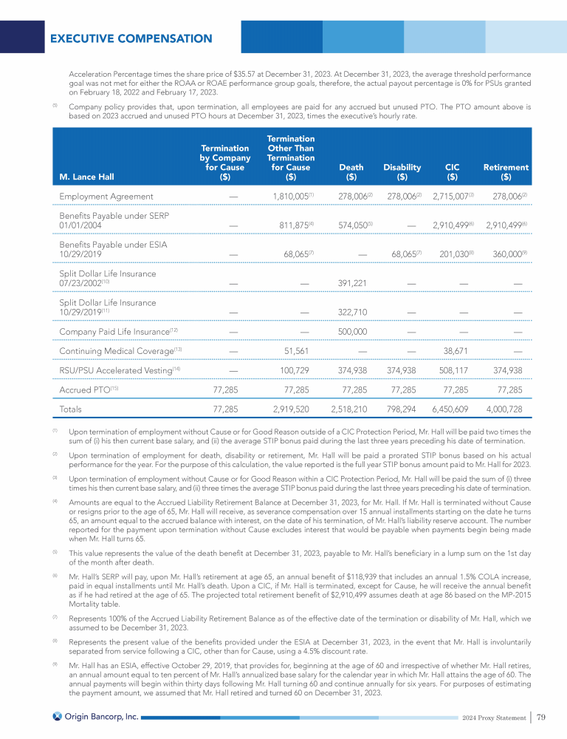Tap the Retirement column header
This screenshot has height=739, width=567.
tap(506, 172)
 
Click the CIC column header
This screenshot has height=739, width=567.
tap(452, 172)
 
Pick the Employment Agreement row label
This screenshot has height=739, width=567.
tap(106, 197)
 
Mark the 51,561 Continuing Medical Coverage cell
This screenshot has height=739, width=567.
tap(297, 351)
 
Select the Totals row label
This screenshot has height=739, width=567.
tap(74, 409)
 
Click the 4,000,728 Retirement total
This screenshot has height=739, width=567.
tap(504, 409)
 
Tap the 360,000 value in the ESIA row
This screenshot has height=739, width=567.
tap(504, 253)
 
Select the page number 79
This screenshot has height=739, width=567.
tap(541, 716)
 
